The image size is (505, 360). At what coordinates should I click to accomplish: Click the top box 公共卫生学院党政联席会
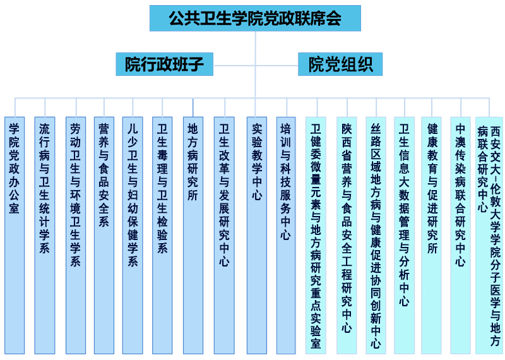[255, 18]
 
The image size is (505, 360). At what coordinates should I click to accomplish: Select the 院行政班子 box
[165, 64]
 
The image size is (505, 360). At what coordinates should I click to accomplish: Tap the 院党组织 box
[340, 64]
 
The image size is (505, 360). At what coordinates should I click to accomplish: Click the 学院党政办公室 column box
[15, 236]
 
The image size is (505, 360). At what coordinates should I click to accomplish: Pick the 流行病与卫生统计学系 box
[45, 236]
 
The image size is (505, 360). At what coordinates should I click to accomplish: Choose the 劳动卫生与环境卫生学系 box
[76, 236]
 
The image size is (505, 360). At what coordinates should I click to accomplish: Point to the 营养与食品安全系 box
[104, 236]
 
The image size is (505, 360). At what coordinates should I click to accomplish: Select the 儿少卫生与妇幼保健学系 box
[133, 236]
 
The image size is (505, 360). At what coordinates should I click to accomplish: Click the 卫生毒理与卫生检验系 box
[162, 236]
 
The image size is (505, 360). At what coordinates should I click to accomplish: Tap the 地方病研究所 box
[193, 236]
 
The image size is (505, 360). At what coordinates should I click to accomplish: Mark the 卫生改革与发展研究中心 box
[224, 236]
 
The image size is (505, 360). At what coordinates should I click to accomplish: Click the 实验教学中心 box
[257, 236]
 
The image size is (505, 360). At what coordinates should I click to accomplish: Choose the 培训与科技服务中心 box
[286, 236]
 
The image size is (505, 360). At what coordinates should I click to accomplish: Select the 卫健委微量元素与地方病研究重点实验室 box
[316, 236]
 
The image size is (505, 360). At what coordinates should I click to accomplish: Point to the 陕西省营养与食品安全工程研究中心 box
[347, 236]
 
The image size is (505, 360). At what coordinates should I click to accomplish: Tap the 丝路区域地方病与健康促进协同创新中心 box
[376, 236]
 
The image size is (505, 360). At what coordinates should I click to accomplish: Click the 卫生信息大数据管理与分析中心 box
[404, 236]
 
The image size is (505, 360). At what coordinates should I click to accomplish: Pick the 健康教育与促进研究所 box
[431, 236]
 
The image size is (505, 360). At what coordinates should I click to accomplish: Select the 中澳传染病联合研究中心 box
[461, 236]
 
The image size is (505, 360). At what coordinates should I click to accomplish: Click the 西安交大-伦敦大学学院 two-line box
[489, 236]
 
